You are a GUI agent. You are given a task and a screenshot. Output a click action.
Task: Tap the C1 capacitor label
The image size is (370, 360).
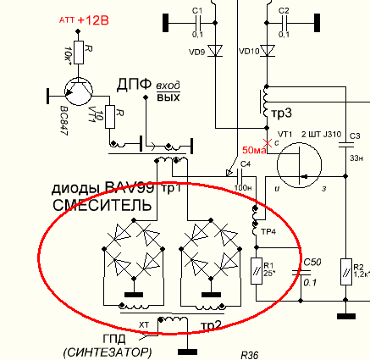pos(197,10)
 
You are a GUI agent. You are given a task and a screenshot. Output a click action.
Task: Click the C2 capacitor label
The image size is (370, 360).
pos(284,10)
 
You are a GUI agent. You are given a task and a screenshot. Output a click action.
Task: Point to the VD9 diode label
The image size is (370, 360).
pos(195,53)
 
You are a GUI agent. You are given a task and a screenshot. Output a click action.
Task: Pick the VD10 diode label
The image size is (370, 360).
pos(248,53)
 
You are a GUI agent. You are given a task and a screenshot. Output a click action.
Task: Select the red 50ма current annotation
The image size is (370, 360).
pos(254,151)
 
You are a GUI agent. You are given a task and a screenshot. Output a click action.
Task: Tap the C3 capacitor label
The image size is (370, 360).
pos(355,136)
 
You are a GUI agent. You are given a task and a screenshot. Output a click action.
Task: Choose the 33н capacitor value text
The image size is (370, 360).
pos(356,158)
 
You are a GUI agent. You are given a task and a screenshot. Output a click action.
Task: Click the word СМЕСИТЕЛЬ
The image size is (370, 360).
pos(91,205)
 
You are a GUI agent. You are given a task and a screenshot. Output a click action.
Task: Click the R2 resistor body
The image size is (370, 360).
pos(345,273)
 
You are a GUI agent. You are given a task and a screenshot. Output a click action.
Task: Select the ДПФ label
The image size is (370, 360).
pos(135,85)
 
